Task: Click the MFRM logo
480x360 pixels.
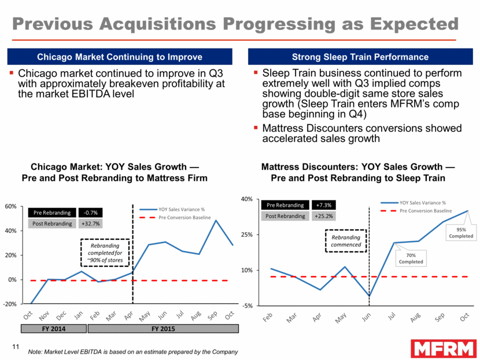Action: [x=444, y=348]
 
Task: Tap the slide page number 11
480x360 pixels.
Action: [x=16, y=347]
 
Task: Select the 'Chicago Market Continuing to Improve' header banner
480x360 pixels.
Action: [x=119, y=57]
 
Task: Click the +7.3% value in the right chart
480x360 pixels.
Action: [x=323, y=205]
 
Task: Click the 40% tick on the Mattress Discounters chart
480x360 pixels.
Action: [x=246, y=199]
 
